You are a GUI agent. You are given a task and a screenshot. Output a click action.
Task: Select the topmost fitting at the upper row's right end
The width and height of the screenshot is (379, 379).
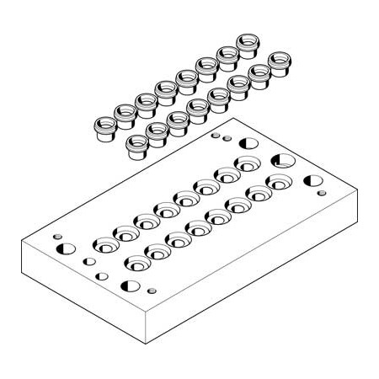[x=248, y=43]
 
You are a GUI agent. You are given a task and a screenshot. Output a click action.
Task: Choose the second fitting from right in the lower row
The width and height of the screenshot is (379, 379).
[x=259, y=76]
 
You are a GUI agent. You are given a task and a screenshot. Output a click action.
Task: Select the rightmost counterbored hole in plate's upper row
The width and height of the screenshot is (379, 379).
[x=247, y=164]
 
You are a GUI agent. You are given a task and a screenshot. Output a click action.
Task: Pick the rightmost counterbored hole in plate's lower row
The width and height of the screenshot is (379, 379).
[x=279, y=182]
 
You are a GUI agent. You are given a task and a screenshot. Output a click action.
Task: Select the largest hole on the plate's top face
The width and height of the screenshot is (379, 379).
[x=280, y=160]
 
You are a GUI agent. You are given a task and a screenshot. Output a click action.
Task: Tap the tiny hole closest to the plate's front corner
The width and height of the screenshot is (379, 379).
[x=152, y=291]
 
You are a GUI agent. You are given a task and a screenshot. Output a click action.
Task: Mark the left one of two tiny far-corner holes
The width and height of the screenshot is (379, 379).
[x=215, y=134]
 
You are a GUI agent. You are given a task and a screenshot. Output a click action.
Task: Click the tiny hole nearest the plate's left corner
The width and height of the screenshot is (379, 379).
[x=56, y=237]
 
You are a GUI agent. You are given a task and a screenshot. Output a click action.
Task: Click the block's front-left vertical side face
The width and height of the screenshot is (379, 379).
[x=84, y=291]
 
